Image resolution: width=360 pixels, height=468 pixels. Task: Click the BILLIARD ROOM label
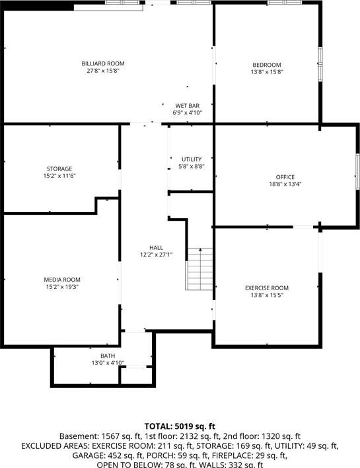[103, 63]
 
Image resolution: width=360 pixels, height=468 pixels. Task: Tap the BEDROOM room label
[267, 65]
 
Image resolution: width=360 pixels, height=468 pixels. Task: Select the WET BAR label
[188, 106]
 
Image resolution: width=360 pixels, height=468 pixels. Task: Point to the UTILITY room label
[192, 159]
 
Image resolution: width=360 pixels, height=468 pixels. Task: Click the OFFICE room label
[285, 177]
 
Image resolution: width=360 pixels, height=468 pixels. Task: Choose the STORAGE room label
[59, 169]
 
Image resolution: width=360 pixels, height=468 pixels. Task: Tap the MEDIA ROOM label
[62, 280]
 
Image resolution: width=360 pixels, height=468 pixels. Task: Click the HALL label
[157, 248]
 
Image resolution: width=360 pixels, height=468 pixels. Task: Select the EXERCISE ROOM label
[267, 288]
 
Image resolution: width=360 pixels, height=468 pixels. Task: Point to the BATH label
[108, 356]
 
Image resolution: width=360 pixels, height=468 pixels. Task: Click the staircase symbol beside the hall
[199, 269]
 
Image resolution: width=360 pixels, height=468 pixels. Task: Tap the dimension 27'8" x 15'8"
[103, 71]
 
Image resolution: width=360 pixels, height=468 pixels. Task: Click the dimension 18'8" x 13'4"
[285, 184]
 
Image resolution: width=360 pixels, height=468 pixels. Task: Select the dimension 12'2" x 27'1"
[157, 255]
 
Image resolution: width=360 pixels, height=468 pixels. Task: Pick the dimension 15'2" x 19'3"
[62, 287]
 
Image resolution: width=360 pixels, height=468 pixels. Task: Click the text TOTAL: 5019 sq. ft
[180, 426]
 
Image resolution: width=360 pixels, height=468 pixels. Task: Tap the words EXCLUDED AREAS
[55, 446]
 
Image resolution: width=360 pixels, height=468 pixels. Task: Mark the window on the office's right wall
[357, 172]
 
